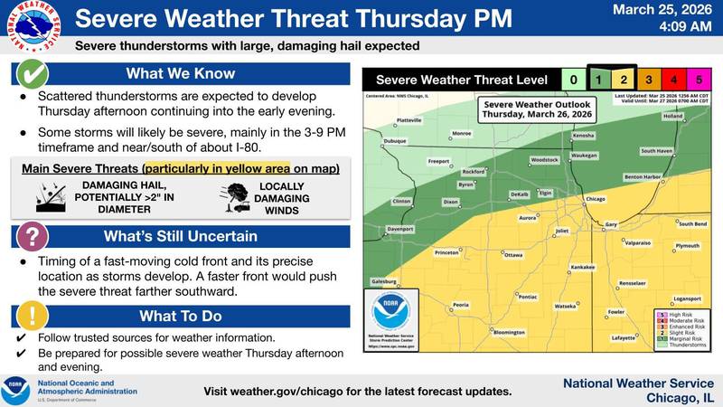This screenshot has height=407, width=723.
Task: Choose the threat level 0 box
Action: coord(570,80)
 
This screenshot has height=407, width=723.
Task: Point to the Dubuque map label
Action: coord(396,141)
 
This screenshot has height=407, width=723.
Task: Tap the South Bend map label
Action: coord(692,223)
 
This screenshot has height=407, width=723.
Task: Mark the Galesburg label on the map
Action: coord(384,281)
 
